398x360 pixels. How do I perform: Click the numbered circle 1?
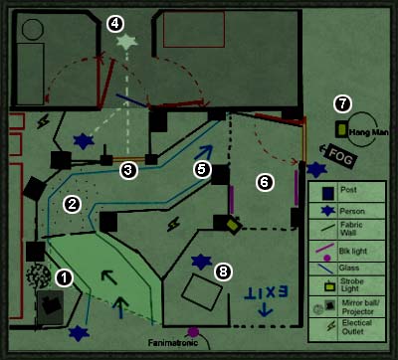point(64,277)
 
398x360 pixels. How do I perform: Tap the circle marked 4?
point(115,22)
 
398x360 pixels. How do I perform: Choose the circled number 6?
point(265,182)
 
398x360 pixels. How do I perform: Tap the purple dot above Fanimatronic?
point(193,331)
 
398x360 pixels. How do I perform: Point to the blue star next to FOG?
point(317,170)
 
